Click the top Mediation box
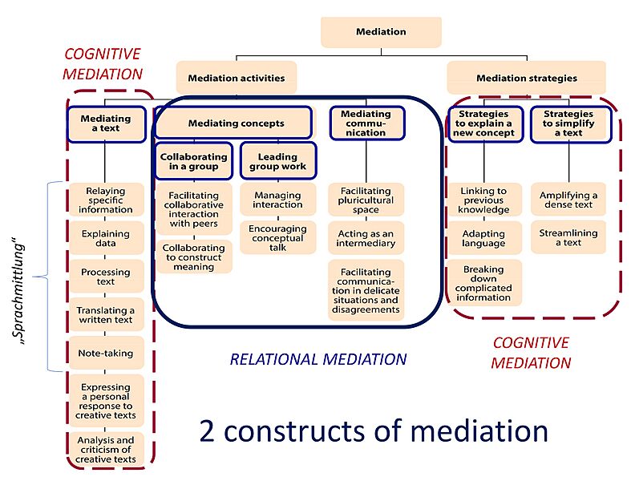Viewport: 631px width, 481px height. point(381,32)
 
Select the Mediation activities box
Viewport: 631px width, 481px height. point(236,79)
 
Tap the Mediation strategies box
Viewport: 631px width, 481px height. point(526,79)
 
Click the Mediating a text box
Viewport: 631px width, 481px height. point(105,125)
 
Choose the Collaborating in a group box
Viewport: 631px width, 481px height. point(193,161)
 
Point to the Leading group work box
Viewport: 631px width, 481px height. point(277,161)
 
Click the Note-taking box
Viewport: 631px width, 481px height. point(105,353)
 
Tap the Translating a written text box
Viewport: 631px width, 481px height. point(105,315)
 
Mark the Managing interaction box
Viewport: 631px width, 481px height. point(277,200)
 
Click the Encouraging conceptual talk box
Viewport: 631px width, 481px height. point(277,238)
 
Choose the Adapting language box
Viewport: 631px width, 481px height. point(483,238)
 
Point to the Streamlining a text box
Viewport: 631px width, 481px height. point(568,238)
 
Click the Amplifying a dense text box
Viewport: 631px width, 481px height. point(568,200)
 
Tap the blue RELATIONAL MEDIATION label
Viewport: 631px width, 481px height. point(318,359)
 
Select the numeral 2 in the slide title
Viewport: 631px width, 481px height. point(207,431)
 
